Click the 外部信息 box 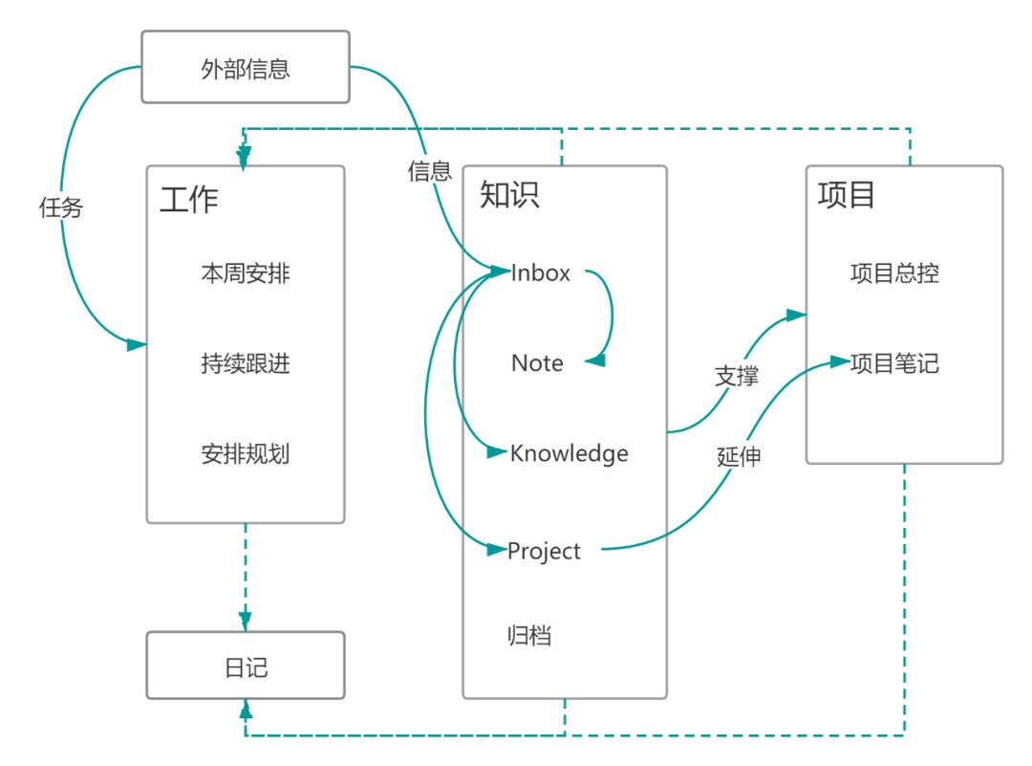tap(246, 68)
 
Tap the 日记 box tap(246, 666)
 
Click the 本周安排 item tap(246, 274)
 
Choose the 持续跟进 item tap(246, 363)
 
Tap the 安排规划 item tap(246, 453)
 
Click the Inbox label tap(541, 273)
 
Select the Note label tap(537, 363)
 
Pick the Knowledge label tap(570, 453)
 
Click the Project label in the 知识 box tap(545, 551)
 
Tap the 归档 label tap(529, 635)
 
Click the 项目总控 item tap(894, 274)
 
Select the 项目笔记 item tap(894, 363)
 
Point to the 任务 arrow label tap(61, 208)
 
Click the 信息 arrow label tap(429, 171)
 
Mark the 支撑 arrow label tap(737, 376)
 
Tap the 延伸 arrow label tap(739, 456)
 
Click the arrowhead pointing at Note tap(594, 361)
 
